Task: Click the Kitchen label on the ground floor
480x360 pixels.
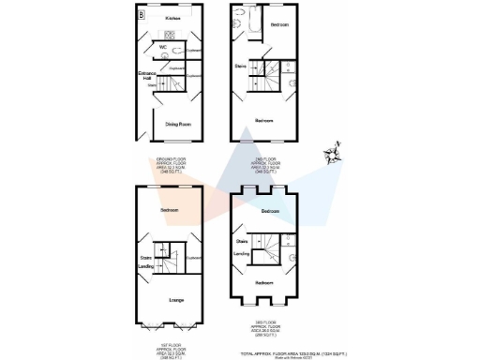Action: pos(172,18)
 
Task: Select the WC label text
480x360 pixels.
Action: pos(163,46)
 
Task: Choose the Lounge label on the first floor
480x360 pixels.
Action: pos(174,299)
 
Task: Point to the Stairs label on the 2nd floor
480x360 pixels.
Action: pos(240,67)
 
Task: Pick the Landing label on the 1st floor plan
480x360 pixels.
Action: pos(146,265)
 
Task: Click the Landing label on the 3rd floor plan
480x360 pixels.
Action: pos(241,252)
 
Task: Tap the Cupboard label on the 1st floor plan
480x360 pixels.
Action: pos(195,257)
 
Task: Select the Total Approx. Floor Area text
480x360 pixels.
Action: pos(293,352)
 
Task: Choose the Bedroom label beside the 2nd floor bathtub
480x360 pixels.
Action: pos(278,24)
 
